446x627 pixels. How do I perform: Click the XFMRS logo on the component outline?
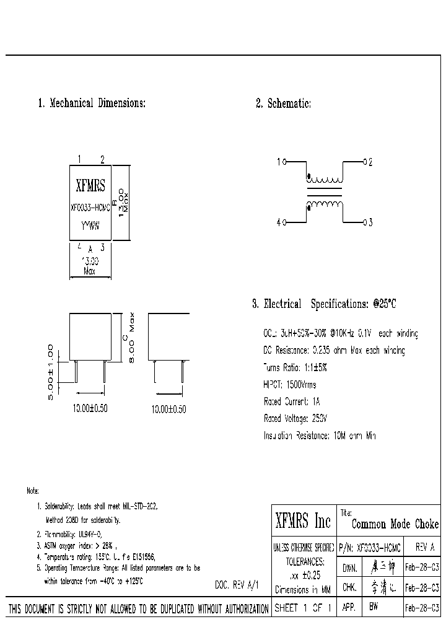click(x=90, y=185)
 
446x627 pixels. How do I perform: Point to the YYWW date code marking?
click(x=90, y=227)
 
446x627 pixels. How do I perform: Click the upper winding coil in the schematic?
click(x=325, y=179)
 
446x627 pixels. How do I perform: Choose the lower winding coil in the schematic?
click(x=325, y=205)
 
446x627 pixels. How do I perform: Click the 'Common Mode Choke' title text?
click(x=395, y=524)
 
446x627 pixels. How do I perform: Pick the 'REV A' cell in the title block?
click(x=425, y=548)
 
